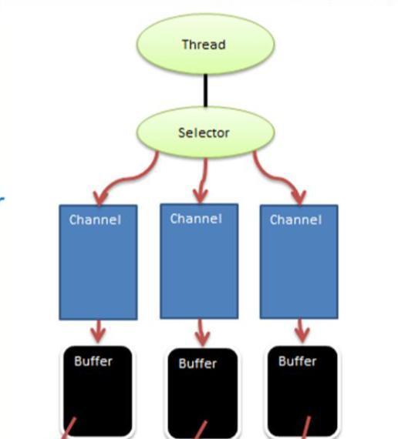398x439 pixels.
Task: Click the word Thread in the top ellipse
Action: click(x=204, y=45)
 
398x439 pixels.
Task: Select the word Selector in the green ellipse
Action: click(x=204, y=132)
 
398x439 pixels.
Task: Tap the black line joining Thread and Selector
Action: click(x=206, y=90)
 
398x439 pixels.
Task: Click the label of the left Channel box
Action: click(x=95, y=219)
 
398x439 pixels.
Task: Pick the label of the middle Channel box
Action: click(x=196, y=219)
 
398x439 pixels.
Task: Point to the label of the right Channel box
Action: click(x=295, y=219)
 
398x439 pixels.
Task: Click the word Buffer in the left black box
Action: click(x=93, y=361)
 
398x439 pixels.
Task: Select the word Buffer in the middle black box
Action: click(x=197, y=364)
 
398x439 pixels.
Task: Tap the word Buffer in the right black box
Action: click(x=297, y=361)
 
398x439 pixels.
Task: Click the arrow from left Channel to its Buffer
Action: click(x=98, y=331)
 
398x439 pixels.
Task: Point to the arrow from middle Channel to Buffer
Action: click(x=201, y=332)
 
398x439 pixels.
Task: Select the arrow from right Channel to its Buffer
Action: click(x=302, y=330)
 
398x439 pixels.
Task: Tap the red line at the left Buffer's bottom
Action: click(x=69, y=428)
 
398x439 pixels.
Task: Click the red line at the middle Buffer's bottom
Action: click(x=201, y=430)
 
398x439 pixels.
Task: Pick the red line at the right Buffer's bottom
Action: click(x=306, y=427)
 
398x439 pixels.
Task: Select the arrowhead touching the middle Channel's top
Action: click(x=201, y=196)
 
